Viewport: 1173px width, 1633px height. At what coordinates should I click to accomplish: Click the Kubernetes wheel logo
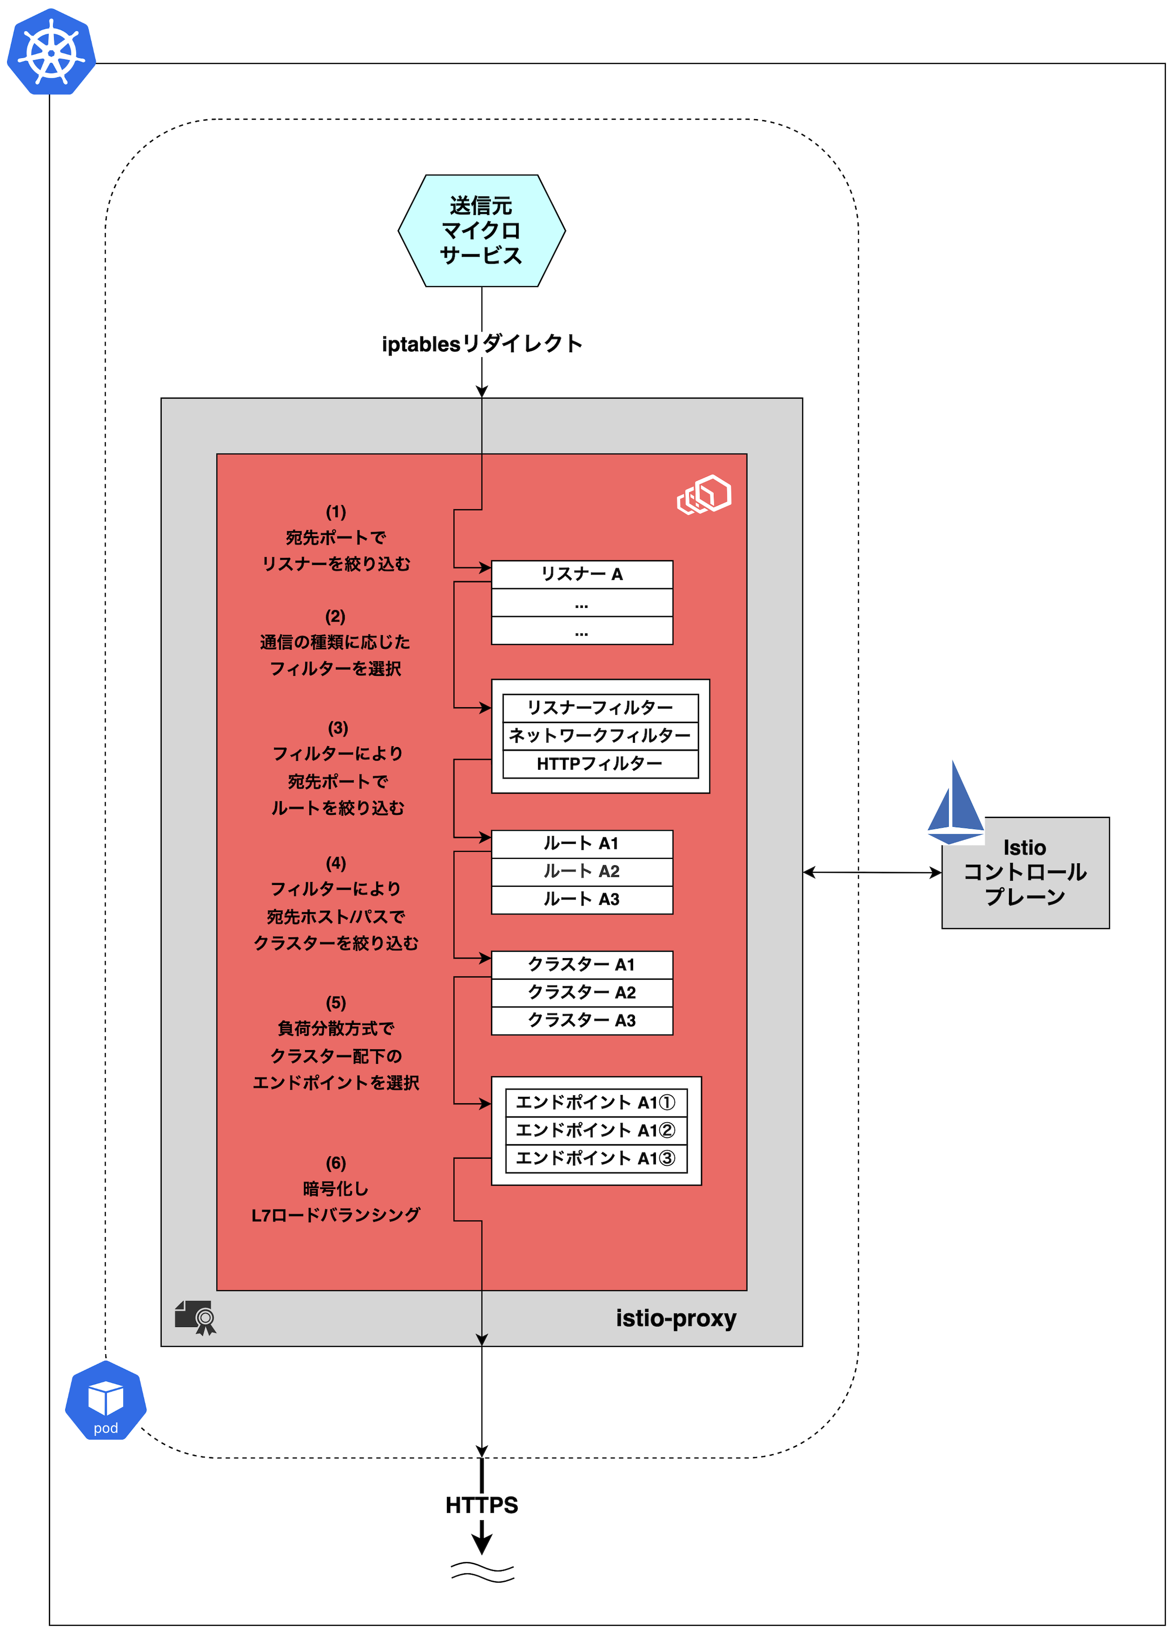click(51, 52)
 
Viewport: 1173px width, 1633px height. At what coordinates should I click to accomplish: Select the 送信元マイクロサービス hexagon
click(481, 231)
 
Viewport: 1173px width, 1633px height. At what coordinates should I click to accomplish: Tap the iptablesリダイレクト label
click(481, 344)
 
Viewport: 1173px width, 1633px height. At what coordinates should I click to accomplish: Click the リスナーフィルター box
click(600, 708)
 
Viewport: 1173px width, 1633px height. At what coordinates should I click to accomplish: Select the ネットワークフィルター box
click(600, 736)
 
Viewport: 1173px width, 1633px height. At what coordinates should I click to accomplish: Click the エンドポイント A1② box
click(595, 1130)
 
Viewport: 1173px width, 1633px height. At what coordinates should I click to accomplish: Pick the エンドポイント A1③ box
click(595, 1159)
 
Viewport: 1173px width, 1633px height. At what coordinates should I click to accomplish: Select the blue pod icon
click(106, 1401)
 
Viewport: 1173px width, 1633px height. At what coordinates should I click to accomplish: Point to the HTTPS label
click(481, 1505)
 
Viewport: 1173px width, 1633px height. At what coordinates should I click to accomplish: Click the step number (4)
click(335, 863)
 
